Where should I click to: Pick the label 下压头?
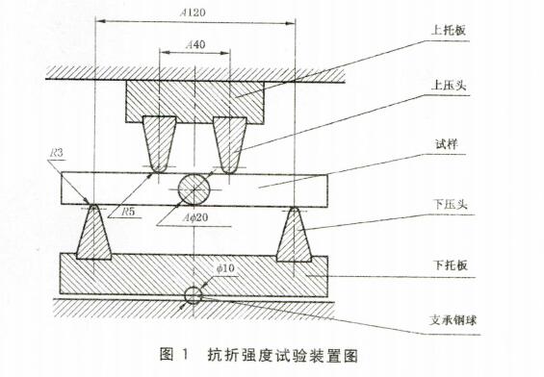447,206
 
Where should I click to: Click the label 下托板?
446,262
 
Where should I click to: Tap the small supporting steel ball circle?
195,294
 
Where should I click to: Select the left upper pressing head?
158,142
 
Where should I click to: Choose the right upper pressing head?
231,142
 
